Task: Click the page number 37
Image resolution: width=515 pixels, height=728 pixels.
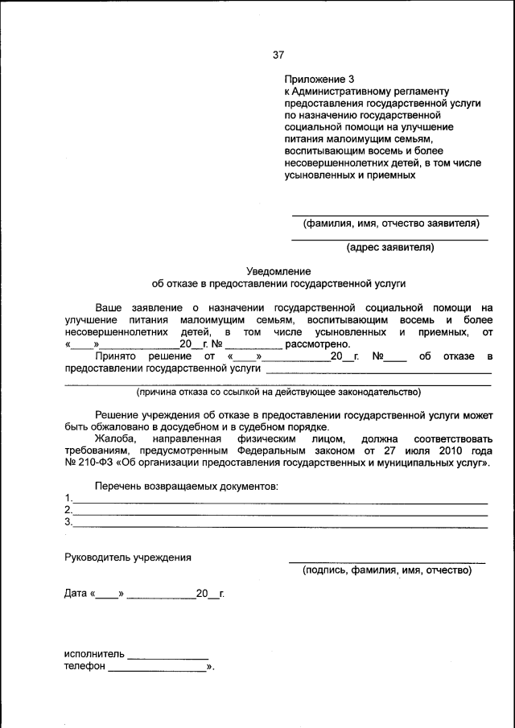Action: tap(278, 56)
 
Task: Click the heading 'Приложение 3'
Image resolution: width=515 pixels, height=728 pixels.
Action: tap(319, 79)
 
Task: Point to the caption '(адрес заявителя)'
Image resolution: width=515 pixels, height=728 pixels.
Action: tap(389, 247)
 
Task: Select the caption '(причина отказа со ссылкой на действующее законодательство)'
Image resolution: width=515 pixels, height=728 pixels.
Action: tap(278, 393)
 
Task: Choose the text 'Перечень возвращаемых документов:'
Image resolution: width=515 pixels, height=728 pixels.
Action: tap(187, 487)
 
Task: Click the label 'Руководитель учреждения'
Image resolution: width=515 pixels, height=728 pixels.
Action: tap(128, 557)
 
